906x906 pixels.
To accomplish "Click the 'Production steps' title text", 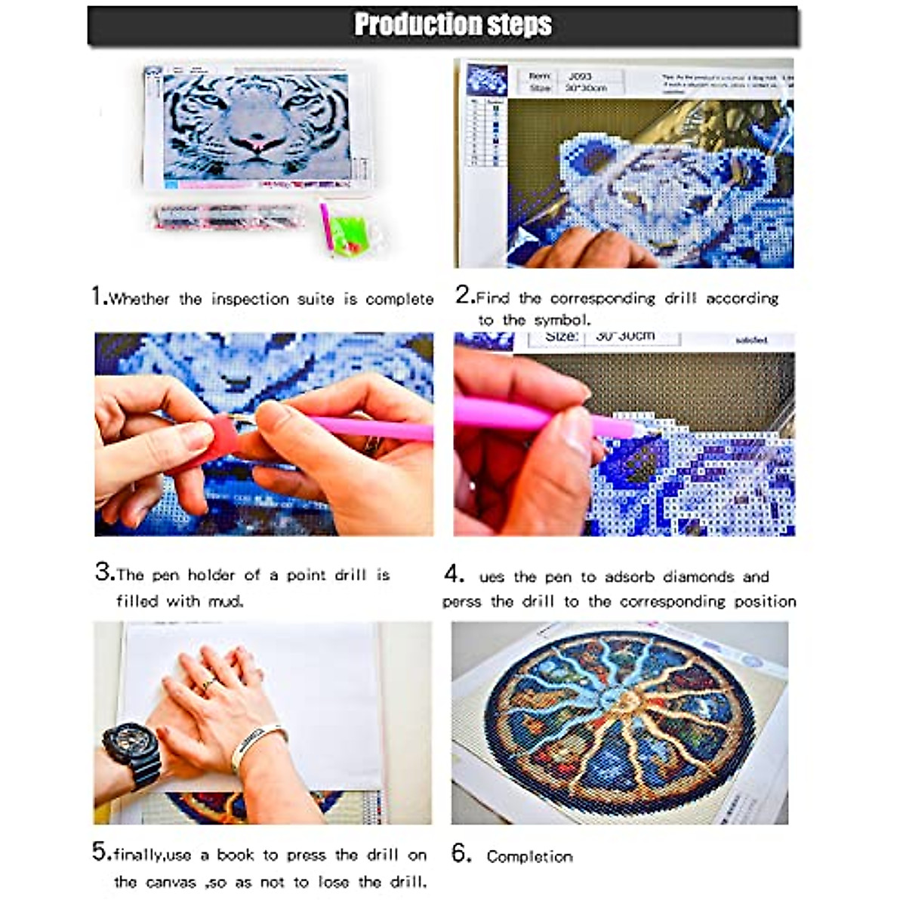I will [453, 25].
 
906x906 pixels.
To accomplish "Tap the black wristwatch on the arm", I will [131, 751].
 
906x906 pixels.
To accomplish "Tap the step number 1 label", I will [98, 296].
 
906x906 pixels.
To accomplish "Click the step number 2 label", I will [464, 295].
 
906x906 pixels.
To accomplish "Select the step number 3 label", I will [103, 572].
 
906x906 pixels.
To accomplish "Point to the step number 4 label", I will [453, 575].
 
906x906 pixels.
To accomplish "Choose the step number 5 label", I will [100, 852].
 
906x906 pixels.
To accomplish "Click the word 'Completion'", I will [529, 856].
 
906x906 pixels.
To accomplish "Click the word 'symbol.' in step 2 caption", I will [562, 320].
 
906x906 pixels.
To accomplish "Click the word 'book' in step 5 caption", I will [236, 855].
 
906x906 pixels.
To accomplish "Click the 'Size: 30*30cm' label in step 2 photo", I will [580, 88].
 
